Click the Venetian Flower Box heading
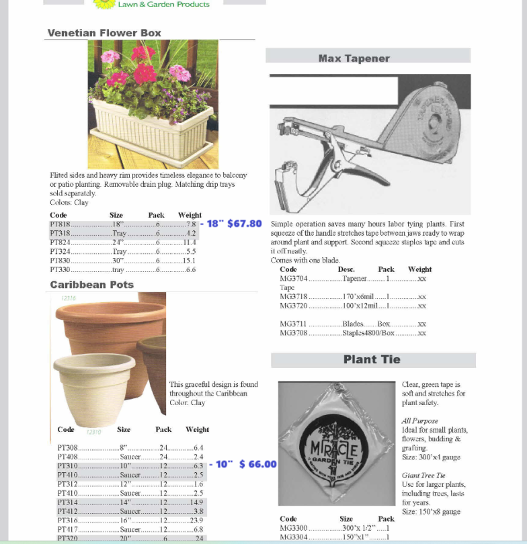[x=104, y=33]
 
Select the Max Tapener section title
[x=354, y=58]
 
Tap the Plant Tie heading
[x=372, y=359]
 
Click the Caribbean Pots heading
[x=91, y=285]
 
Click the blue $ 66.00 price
[x=257, y=465]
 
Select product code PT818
[x=60, y=224]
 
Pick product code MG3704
[x=293, y=278]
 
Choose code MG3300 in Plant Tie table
[x=293, y=528]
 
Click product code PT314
[x=68, y=502]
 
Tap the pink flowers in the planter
[x=143, y=53]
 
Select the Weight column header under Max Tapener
[x=419, y=269]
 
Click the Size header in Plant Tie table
[x=346, y=518]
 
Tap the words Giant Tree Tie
[x=421, y=475]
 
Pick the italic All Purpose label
[x=419, y=420]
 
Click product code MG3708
[x=293, y=333]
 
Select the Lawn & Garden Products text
[x=163, y=4]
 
